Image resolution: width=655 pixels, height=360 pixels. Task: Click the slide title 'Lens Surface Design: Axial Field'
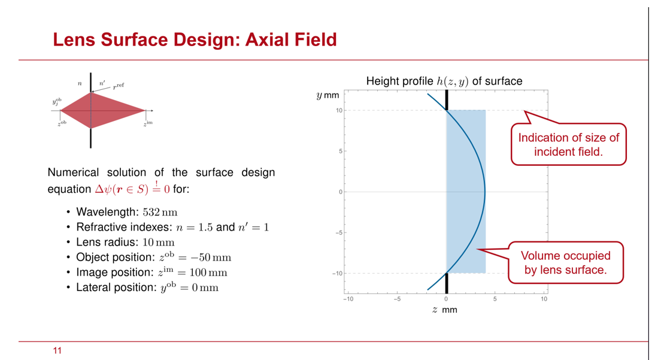point(195,40)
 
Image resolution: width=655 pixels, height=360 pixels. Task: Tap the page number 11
point(57,350)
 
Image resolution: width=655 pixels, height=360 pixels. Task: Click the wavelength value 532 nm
point(160,213)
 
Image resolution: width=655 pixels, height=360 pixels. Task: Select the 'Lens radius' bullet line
point(125,243)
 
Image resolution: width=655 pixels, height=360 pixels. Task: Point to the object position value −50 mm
point(205,258)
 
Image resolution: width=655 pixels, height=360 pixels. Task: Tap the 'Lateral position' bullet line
point(147,288)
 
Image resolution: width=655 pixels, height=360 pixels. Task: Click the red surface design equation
point(132,189)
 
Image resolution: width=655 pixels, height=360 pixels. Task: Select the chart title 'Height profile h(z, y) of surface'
point(444,81)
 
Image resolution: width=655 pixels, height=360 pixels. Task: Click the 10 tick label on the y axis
point(339,110)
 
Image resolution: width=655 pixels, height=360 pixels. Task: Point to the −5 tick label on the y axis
point(339,233)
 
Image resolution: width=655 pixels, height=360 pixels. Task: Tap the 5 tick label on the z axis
point(495,299)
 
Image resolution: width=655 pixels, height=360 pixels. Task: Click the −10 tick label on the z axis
point(348,299)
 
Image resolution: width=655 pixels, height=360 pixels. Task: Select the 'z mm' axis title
point(445,310)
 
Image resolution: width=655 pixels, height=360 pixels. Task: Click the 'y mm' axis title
point(328,96)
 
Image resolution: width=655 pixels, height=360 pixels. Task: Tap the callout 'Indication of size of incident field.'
point(569,144)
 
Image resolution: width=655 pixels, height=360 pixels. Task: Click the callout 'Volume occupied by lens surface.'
point(566,262)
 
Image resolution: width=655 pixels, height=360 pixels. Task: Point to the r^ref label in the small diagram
point(118,86)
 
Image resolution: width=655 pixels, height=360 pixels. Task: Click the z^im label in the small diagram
point(148,123)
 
